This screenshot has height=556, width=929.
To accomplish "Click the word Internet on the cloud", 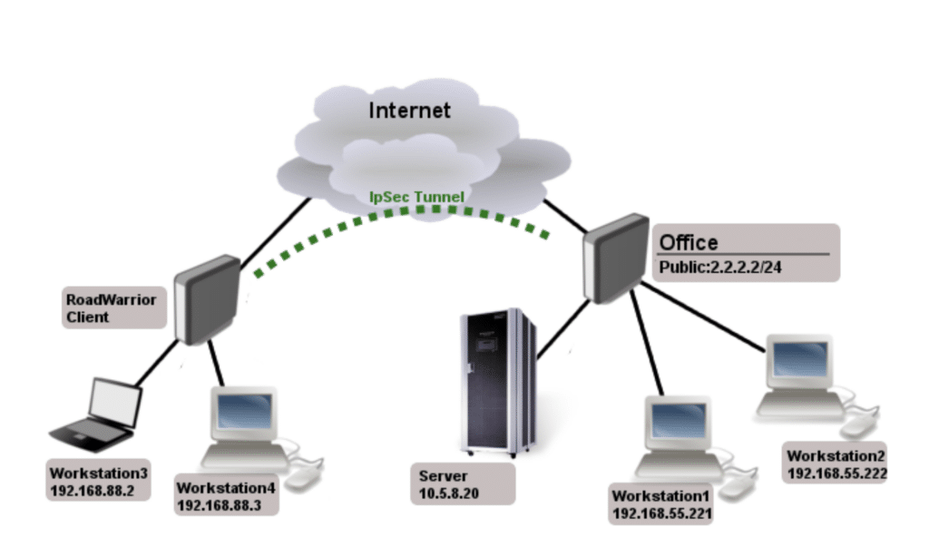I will point(409,111).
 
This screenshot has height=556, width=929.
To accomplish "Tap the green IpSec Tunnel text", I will point(416,196).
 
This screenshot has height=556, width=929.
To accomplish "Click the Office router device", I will point(614,258).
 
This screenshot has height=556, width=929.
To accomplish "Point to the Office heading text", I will point(688,242).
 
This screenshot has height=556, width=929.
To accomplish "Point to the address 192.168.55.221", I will point(661,514).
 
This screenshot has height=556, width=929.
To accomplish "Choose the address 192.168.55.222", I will point(836,473).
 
